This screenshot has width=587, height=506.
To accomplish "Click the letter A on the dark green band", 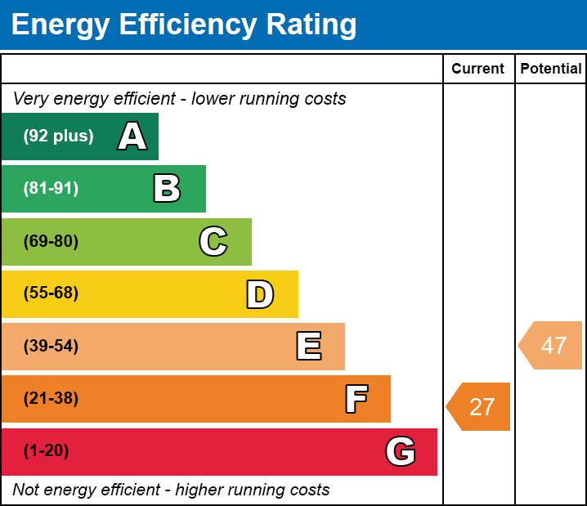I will [132, 137].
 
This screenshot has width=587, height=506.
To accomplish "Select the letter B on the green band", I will [167, 189].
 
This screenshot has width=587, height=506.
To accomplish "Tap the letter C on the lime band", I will [213, 241].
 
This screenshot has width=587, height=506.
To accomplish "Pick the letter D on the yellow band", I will [260, 294].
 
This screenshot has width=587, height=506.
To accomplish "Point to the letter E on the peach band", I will [308, 347].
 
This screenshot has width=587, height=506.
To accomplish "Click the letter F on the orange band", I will [356, 399].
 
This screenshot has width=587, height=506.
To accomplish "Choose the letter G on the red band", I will [401, 451].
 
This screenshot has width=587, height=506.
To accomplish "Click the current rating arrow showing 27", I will [480, 406].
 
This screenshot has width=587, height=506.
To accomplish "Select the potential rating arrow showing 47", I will [552, 345].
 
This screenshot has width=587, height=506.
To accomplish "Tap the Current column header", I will [478, 69].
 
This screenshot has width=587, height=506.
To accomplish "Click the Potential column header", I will [551, 69].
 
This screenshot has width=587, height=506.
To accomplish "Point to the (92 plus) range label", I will [58, 137].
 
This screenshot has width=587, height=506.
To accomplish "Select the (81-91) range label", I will [51, 189].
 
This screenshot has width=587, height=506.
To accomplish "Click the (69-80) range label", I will [51, 241].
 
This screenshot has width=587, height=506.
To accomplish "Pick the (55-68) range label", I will [51, 293].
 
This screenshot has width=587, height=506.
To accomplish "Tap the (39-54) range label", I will [51, 346].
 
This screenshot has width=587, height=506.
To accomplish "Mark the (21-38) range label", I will [51, 399].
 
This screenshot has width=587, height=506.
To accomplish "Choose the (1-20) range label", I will [47, 451].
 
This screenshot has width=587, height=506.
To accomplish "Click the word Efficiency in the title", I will [178, 25].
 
